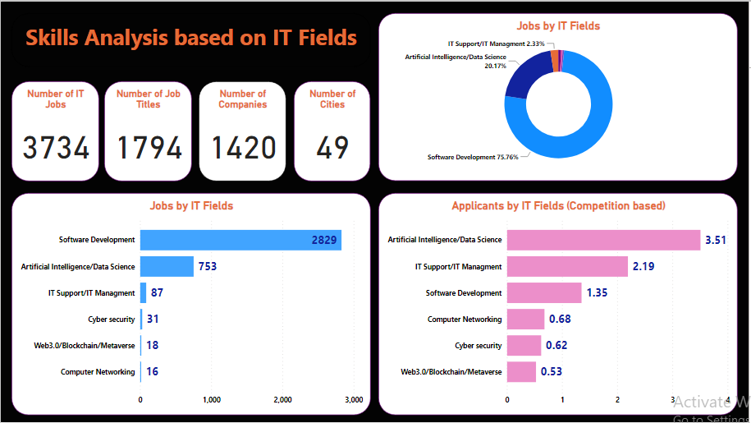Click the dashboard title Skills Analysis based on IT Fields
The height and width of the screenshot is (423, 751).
coord(191,38)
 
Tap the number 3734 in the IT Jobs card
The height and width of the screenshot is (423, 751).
coord(56,148)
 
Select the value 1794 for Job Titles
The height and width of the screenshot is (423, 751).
coord(149,148)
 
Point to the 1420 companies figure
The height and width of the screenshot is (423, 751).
coord(244,148)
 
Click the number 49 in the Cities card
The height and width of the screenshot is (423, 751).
coord(332,148)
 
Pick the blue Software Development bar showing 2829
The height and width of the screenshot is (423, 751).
coord(240,240)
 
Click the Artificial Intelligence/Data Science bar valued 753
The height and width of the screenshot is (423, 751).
coord(167,266)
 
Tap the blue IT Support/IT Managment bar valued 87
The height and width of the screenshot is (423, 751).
coord(144,292)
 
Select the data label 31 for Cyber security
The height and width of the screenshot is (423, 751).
coord(153,320)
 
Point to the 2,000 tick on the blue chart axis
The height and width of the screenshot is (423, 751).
coord(282,400)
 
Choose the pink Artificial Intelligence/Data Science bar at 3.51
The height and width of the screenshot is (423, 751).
coord(603,240)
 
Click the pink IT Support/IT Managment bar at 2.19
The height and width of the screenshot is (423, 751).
coord(567,266)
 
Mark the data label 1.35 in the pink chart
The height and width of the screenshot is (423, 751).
coord(597,293)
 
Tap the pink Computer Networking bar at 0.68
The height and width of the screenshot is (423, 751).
coord(525,320)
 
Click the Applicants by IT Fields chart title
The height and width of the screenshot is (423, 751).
coord(558,205)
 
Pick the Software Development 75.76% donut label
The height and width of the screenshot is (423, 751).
coord(473,157)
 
